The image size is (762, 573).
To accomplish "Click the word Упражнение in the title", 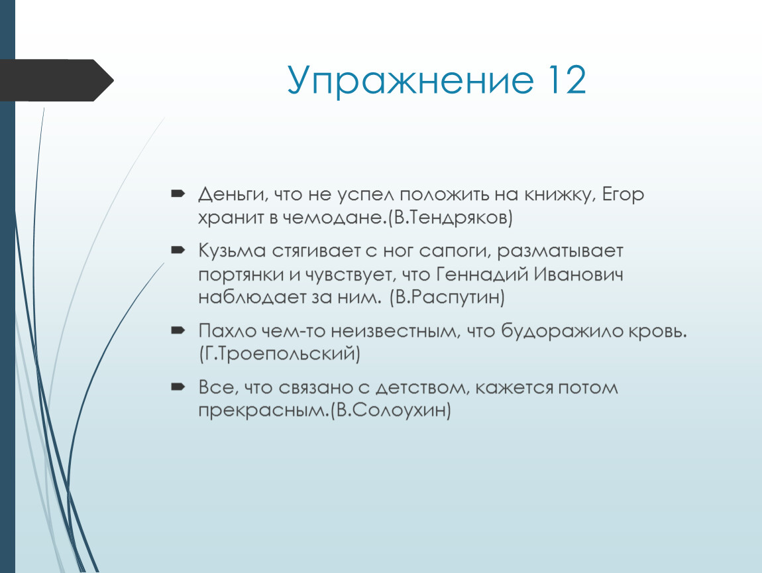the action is (x=409, y=81).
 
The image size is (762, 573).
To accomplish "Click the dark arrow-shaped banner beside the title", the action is (x=57, y=80).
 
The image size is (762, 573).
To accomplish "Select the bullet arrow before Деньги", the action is (x=178, y=194).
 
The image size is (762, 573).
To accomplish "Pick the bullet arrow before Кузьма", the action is (x=178, y=251).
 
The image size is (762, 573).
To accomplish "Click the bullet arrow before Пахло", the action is (x=178, y=331).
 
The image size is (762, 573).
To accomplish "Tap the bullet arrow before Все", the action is (x=178, y=387).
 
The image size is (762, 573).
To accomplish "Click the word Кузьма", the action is (x=232, y=251).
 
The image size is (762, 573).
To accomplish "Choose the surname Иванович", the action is (x=578, y=275).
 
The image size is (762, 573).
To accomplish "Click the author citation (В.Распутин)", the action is (x=447, y=297).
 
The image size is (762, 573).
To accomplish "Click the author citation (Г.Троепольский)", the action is (x=280, y=354).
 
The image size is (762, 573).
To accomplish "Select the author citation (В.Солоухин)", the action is (x=391, y=411).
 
